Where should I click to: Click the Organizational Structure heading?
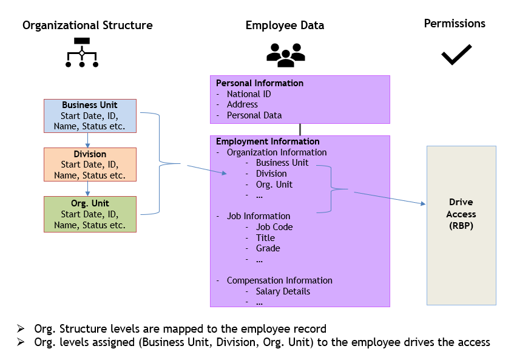(x=87, y=25)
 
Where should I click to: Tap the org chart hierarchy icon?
(x=82, y=52)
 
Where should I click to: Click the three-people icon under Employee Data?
(x=285, y=55)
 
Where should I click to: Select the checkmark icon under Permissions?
(x=456, y=55)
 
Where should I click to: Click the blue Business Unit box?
(x=90, y=115)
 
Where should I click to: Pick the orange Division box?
(x=90, y=165)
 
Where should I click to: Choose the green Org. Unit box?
(x=90, y=214)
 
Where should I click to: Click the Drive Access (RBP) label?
(x=461, y=214)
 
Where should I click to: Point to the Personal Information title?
(x=260, y=83)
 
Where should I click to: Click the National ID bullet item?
(x=249, y=94)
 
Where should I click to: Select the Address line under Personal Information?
(x=242, y=104)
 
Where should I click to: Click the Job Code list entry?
(x=274, y=227)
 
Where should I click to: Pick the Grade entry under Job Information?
(x=268, y=248)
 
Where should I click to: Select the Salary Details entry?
(x=283, y=291)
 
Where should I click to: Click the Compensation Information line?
(x=280, y=280)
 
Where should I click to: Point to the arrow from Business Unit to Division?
(x=88, y=140)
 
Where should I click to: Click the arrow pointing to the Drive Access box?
(x=388, y=198)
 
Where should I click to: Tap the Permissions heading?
(x=455, y=24)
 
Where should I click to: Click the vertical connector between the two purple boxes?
(x=300, y=129)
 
